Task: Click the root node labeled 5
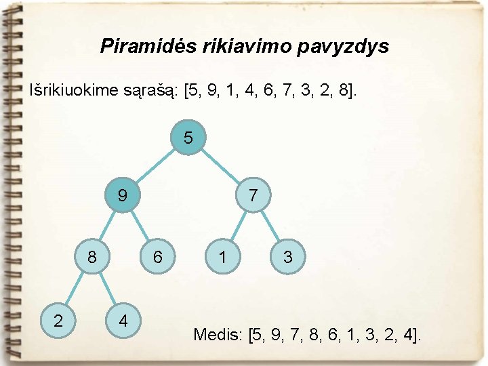(188, 138)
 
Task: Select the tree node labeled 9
(122, 196)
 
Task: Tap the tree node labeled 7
(253, 196)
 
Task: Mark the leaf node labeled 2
(58, 319)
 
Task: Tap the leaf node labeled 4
(123, 319)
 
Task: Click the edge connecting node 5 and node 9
(155, 167)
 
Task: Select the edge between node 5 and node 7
(221, 167)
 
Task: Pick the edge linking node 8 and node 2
(75, 288)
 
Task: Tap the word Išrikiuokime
(70, 90)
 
